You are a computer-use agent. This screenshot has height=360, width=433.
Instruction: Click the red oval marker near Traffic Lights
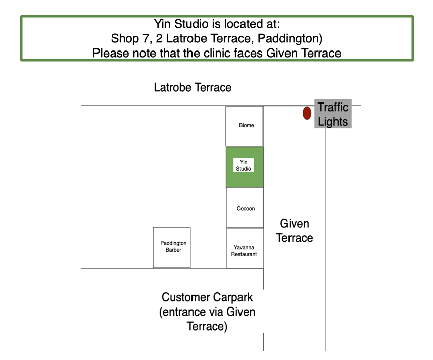tap(307, 114)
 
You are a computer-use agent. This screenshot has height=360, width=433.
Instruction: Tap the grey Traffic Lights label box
tap(333, 114)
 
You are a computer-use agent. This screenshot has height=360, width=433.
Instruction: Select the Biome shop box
tap(245, 126)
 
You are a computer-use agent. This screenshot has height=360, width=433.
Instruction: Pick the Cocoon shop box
tap(245, 208)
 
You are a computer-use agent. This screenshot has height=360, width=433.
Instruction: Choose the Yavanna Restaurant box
tap(245, 248)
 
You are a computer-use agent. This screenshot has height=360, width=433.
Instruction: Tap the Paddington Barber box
tap(172, 247)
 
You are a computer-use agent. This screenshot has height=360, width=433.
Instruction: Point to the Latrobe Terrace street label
tap(193, 88)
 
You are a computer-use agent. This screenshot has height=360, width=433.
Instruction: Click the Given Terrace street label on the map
tap(295, 230)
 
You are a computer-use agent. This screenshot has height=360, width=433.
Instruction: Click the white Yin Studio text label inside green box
tap(244, 165)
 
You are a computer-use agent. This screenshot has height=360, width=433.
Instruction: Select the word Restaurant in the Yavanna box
tap(244, 254)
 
